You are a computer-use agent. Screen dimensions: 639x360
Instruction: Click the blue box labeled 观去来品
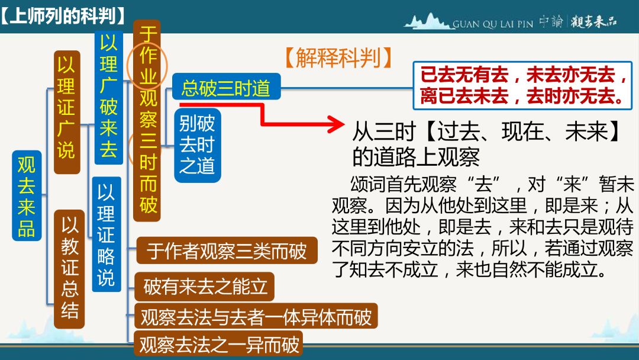pos(27,195)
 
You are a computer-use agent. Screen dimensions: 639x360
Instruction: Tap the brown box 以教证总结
pos(69,269)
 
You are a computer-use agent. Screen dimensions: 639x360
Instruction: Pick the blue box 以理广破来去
pos(108,97)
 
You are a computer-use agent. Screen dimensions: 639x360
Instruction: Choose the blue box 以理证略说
pos(106,234)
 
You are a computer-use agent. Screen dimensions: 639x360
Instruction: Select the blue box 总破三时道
pos(226,87)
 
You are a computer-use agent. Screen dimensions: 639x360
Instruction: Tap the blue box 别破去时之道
pos(197,145)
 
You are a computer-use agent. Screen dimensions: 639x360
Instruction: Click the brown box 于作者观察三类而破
pos(227,250)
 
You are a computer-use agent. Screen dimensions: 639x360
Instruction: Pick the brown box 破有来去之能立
pos(205,287)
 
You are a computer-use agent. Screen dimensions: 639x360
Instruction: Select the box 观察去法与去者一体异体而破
pos(256,316)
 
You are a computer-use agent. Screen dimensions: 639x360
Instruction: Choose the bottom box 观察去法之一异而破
pos(219,343)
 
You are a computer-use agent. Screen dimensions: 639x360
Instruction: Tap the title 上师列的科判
pos(63,16)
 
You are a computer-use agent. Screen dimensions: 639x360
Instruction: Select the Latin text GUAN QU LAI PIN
pos(493,24)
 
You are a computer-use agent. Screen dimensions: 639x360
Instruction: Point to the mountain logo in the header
pos(428,21)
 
